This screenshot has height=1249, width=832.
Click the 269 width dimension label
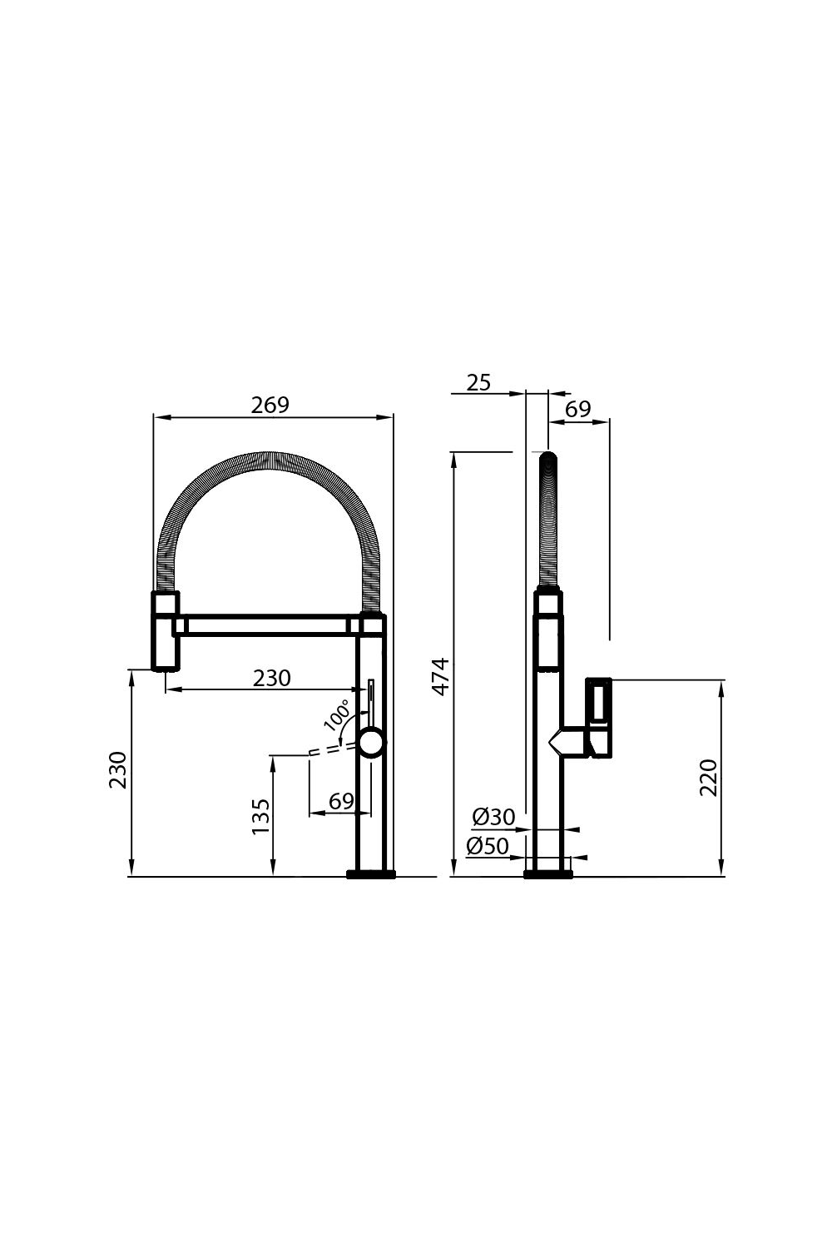[270, 405]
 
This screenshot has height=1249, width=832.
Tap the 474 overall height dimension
[441, 675]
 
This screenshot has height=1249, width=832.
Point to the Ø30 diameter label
[493, 817]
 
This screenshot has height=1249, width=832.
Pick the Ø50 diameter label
[488, 846]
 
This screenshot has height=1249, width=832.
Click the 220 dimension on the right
[708, 777]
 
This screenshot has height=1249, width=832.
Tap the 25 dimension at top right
[478, 382]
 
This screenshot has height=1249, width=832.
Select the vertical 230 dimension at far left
[118, 770]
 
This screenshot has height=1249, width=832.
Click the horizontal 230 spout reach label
[272, 679]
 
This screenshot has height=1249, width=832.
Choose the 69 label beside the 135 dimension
[341, 801]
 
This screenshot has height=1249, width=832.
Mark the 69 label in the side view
[577, 409]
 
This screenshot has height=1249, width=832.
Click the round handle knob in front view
[371, 740]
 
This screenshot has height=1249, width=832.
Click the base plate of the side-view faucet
[548, 873]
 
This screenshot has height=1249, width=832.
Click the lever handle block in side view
[600, 717]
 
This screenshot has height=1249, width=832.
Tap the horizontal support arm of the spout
[266, 624]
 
